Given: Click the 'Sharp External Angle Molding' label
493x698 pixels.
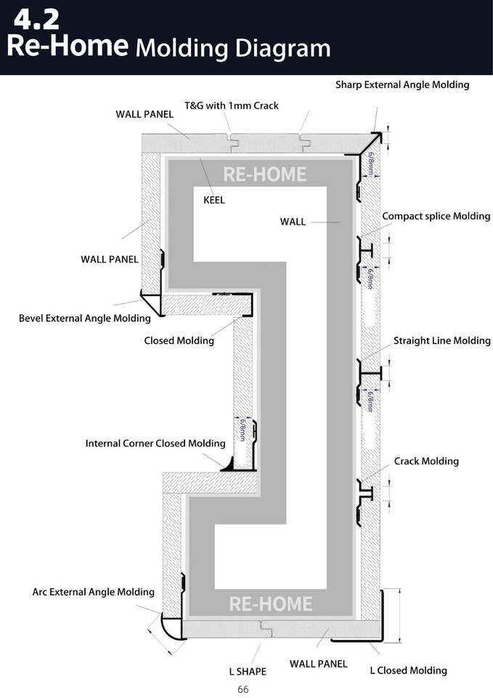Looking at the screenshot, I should point(402,85).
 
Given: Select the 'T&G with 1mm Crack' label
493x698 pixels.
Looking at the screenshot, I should point(231,105).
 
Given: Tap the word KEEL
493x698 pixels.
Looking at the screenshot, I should point(213,201).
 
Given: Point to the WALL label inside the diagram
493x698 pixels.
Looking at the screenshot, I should point(293,222).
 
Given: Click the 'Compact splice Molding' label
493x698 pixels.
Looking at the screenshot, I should point(436,217).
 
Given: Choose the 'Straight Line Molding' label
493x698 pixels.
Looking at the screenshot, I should point(441,340).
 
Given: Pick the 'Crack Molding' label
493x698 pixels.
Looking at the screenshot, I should point(426,461).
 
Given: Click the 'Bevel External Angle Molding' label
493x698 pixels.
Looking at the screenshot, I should point(85,318).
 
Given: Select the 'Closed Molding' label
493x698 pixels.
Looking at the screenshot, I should point(179,340).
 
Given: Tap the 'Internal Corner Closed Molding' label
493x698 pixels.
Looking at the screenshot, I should point(155,443).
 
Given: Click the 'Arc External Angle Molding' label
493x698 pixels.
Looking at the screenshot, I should point(93,592).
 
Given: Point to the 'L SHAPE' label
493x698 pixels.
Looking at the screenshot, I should point(248,671).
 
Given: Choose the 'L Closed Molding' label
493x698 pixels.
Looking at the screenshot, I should point(408,670).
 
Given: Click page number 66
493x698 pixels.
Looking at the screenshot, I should point(243,689).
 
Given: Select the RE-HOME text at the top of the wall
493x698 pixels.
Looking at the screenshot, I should point(264,174).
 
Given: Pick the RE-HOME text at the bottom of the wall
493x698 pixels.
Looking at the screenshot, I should point(270,603).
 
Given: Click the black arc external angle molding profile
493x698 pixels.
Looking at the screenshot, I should point(171,627).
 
